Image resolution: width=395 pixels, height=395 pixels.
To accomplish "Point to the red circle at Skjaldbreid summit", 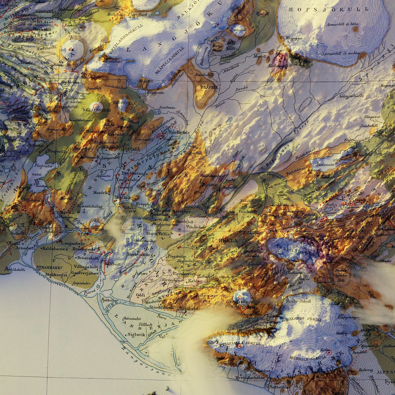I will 96,106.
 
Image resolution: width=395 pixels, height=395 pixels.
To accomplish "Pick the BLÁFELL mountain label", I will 210,87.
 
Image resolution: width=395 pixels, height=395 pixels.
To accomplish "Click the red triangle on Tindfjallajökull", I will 240,297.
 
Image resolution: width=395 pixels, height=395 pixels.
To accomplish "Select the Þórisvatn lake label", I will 325,165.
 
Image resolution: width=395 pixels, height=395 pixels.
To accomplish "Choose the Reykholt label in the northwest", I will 42,30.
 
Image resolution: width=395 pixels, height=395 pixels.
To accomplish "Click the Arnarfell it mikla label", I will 342,53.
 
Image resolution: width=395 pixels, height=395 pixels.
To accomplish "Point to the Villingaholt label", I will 86,267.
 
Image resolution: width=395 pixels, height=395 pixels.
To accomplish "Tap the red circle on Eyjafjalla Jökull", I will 239,346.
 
